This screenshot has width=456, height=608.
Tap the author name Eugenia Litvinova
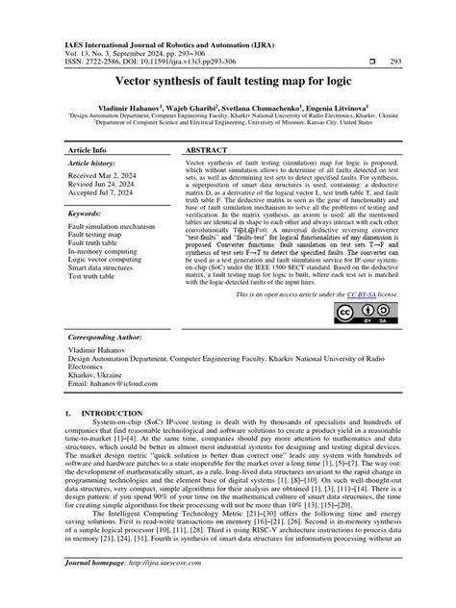click(x=333, y=112)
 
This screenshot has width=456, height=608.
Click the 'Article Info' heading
click(x=94, y=151)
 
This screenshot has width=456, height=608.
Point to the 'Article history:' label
click(x=94, y=165)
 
